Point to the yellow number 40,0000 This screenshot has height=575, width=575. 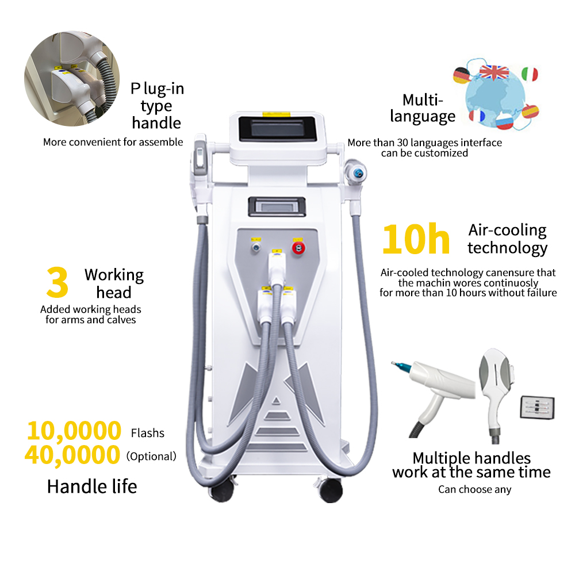click(72, 455)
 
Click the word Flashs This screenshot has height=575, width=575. click(148, 433)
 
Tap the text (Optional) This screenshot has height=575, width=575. click(151, 457)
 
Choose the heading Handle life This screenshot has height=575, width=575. click(92, 486)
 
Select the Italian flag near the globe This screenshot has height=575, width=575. click(530, 74)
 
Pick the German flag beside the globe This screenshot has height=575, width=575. click(461, 75)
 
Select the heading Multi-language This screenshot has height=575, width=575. click(423, 108)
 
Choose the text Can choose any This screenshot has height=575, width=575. click(474, 490)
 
